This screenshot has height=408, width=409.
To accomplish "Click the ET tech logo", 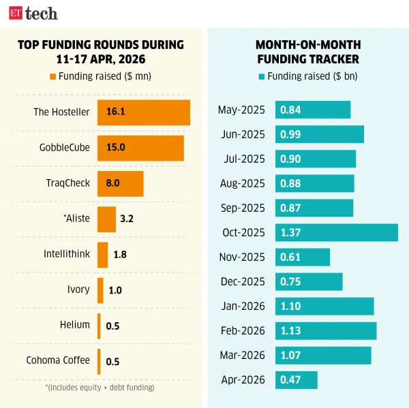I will (33, 13).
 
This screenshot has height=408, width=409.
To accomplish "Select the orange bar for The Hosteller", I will (143, 112).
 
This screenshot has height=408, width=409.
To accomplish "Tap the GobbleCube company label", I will (65, 148).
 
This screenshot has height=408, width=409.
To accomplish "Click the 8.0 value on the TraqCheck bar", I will (112, 183).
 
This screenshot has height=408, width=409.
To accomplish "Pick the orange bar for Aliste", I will (106, 219).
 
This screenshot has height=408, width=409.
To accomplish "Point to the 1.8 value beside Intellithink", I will (120, 255).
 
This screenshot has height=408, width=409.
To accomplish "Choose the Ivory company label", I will (78, 289).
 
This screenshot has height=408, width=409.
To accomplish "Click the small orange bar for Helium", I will (99, 326).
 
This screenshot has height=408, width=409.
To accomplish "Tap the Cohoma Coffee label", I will (58, 360).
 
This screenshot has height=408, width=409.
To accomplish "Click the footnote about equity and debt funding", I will (100, 388).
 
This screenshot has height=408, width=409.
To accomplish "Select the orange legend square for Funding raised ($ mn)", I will (52, 76).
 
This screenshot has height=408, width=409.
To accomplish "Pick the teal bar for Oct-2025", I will (336, 232).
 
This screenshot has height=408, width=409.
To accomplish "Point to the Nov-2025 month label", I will (243, 257).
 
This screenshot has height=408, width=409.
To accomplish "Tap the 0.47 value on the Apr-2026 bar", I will (290, 379).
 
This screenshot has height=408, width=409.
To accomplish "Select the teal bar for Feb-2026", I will (325, 331).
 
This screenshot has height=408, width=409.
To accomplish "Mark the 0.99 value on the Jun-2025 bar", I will (290, 135).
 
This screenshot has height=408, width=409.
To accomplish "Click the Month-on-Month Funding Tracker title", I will (307, 52).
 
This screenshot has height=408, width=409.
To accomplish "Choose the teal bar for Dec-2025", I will (308, 282).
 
